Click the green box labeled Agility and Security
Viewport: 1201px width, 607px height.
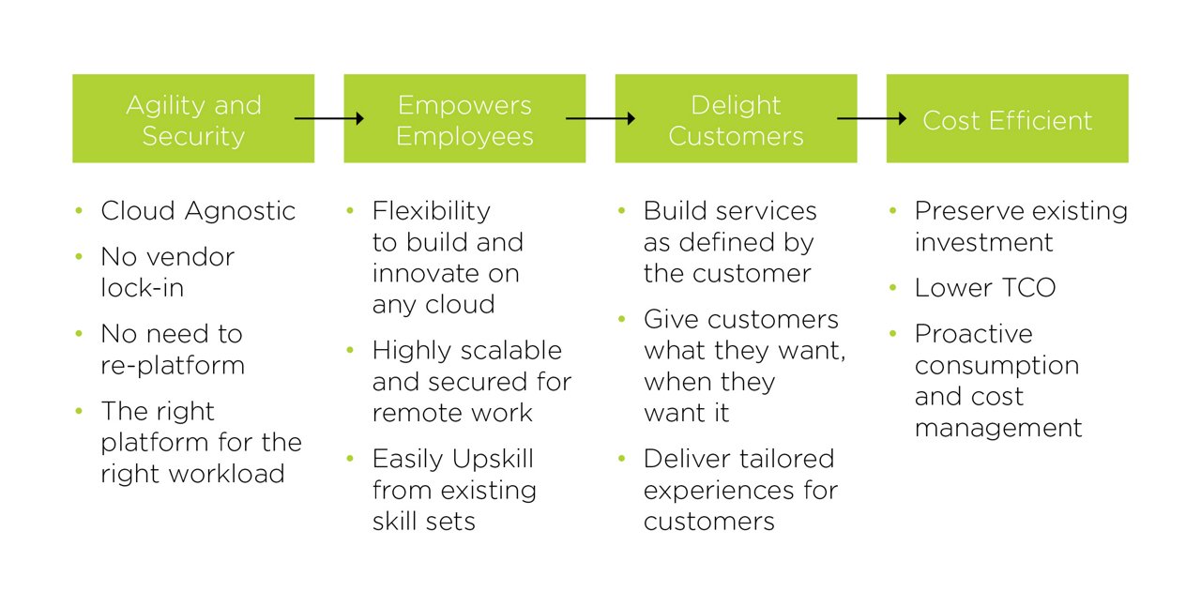tap(193, 118)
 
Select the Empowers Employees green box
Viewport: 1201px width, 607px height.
tap(464, 118)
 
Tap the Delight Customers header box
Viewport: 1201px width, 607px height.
tap(737, 118)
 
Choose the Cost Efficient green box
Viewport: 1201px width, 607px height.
tap(1008, 118)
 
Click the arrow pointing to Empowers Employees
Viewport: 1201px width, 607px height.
tap(329, 118)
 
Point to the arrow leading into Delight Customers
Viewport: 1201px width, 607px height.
tap(600, 118)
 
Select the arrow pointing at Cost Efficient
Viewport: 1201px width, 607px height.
tap(872, 118)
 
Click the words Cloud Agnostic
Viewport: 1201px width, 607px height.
tap(198, 211)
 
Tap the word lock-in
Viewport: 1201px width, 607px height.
tap(143, 288)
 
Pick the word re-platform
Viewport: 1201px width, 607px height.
tap(173, 366)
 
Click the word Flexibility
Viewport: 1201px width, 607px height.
tap(432, 211)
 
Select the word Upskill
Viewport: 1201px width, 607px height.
tap(493, 460)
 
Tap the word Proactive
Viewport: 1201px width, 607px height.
tap(974, 334)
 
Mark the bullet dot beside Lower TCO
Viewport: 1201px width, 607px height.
tap(892, 288)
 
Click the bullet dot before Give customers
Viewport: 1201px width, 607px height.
tap(621, 319)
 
